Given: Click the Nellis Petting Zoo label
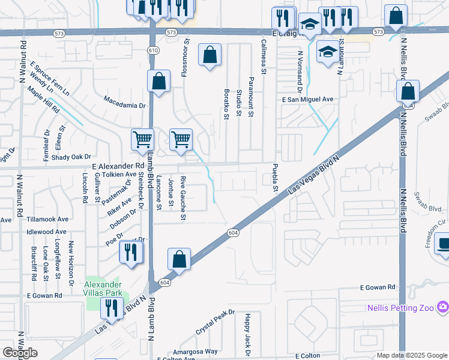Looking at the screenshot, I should click(400, 308).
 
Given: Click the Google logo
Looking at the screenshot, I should click(20, 353).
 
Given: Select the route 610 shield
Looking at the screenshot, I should click(152, 51).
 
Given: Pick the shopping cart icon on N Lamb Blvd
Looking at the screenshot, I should click(143, 139).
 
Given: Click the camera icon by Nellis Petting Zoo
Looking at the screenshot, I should click(443, 308).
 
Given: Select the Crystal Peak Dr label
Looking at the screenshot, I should click(215, 322).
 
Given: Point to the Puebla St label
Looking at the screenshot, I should click(275, 178).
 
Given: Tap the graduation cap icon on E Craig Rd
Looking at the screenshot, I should click(310, 25).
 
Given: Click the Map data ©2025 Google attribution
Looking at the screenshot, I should click(412, 355).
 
